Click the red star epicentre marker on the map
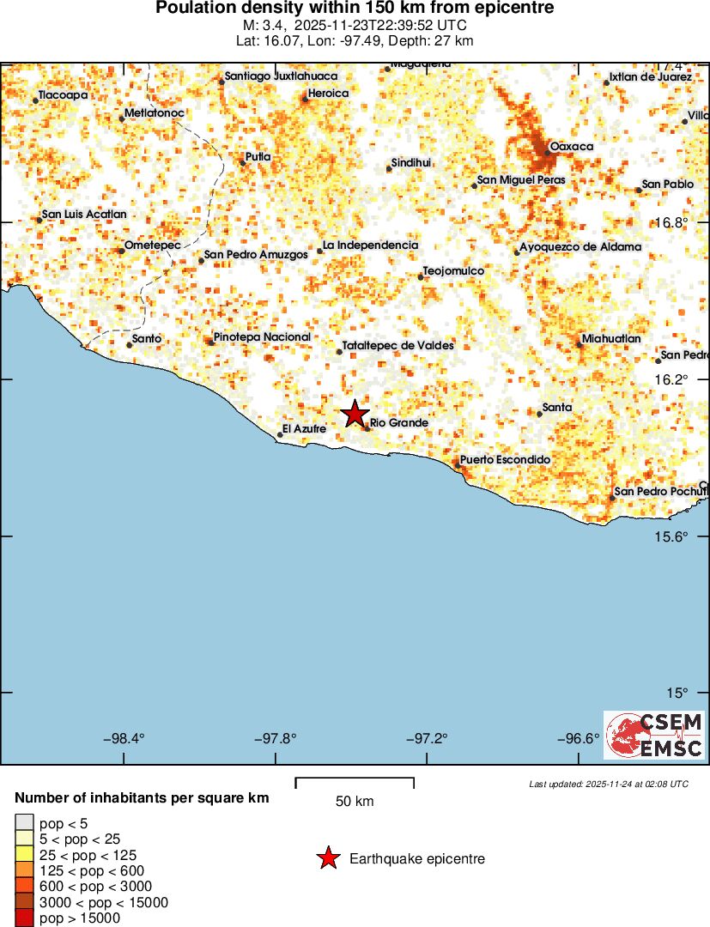tap(355, 414)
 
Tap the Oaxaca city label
tap(571, 147)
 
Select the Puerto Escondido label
tap(504, 460)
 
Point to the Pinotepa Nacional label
tap(262, 337)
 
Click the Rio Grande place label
tap(398, 423)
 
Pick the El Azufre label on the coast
tap(304, 428)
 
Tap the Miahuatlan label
tap(611, 339)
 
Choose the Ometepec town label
tap(153, 246)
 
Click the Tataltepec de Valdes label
tap(397, 346)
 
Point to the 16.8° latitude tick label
tap(671, 222)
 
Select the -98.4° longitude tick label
tap(124, 738)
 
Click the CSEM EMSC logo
tap(654, 735)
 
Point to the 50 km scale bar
tap(355, 783)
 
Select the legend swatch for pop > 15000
tap(24, 918)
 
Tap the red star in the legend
tap(327, 858)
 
